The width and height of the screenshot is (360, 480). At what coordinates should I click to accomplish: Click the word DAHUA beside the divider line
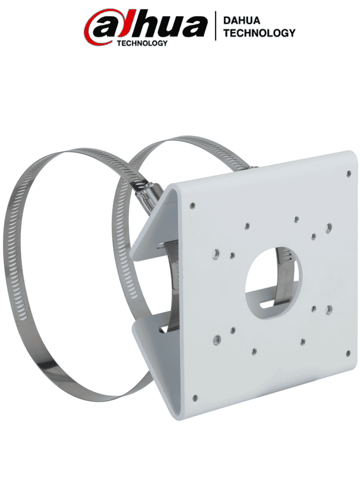(242, 21)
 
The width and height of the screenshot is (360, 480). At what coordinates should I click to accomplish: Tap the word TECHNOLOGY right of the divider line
(259, 33)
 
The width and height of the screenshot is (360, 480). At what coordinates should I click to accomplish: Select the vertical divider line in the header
(216, 26)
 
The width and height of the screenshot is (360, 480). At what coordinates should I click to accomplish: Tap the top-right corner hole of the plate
(348, 174)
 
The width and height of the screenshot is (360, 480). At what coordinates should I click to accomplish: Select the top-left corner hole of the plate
(193, 205)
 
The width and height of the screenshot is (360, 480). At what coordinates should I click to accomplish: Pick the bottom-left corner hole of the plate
(195, 398)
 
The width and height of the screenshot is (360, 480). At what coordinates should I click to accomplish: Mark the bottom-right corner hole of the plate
(348, 353)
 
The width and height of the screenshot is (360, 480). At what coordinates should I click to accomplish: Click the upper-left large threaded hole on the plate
(216, 254)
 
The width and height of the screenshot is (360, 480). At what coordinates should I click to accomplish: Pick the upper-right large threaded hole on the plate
(329, 227)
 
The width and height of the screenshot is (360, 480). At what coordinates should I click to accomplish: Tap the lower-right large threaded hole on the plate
(329, 309)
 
